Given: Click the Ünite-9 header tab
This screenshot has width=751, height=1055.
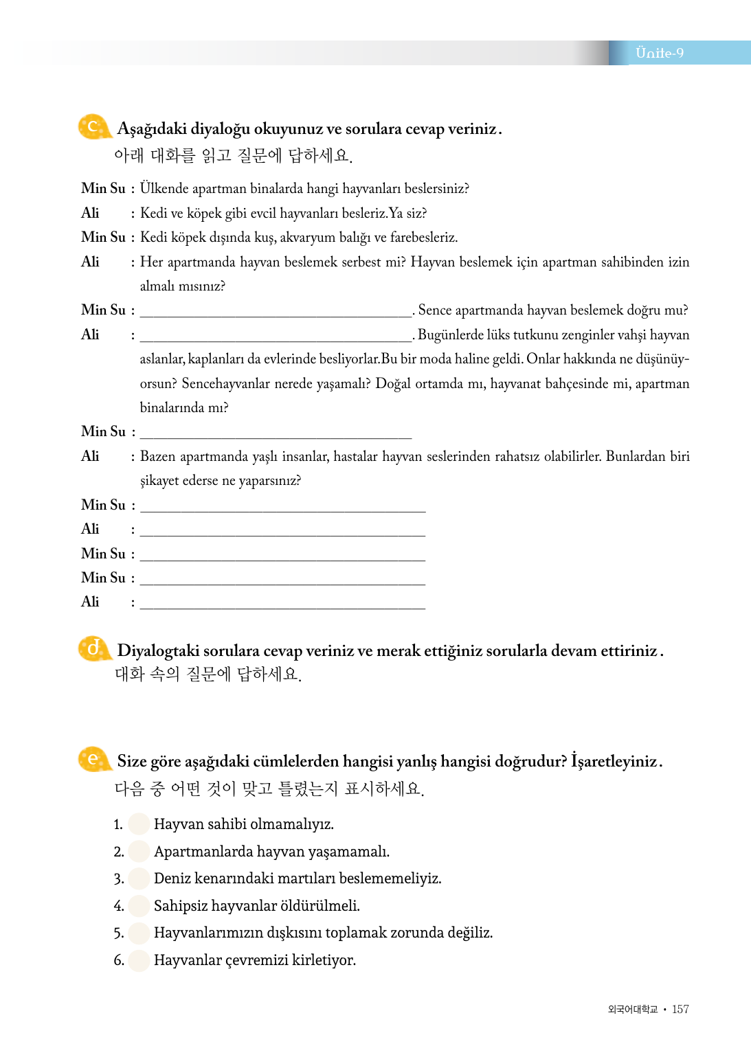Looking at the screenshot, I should click(660, 53).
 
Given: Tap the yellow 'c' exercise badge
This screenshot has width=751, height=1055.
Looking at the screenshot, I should click(93, 127).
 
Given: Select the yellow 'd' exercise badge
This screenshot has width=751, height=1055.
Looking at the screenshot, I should click(93, 648).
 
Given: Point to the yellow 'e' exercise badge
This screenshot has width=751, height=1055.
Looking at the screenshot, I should click(93, 760).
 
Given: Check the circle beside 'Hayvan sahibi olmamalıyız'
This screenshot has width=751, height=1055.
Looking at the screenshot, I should click(139, 824).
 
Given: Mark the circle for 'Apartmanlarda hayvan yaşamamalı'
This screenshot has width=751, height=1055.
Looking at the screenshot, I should click(139, 851).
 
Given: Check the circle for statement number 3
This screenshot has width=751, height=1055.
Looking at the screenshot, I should click(139, 878).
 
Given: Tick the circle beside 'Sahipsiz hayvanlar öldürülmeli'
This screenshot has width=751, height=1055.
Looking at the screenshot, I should click(139, 905).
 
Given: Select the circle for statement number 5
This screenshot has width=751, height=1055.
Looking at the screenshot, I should click(139, 933).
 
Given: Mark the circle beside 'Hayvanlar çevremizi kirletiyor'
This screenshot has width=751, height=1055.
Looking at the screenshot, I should click(139, 960).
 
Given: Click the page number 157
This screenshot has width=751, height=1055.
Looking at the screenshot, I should click(680, 1009).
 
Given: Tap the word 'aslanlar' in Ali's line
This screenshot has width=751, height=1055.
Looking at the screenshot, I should click(160, 359).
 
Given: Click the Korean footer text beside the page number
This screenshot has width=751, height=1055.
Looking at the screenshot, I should click(633, 1009).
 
